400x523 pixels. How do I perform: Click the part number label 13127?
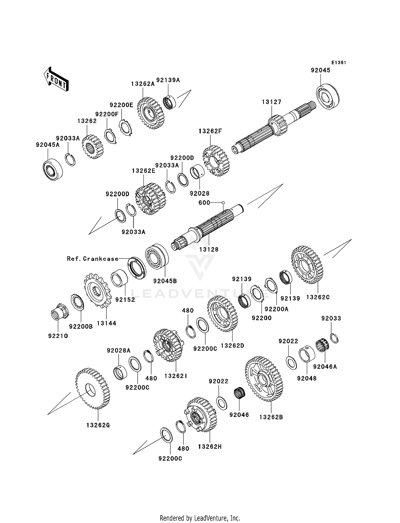271,102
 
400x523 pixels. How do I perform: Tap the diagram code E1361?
339,63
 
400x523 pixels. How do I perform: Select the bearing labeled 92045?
328,96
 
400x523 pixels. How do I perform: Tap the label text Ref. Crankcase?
93,259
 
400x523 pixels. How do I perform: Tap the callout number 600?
204,203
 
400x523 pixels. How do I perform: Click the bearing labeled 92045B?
157,255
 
